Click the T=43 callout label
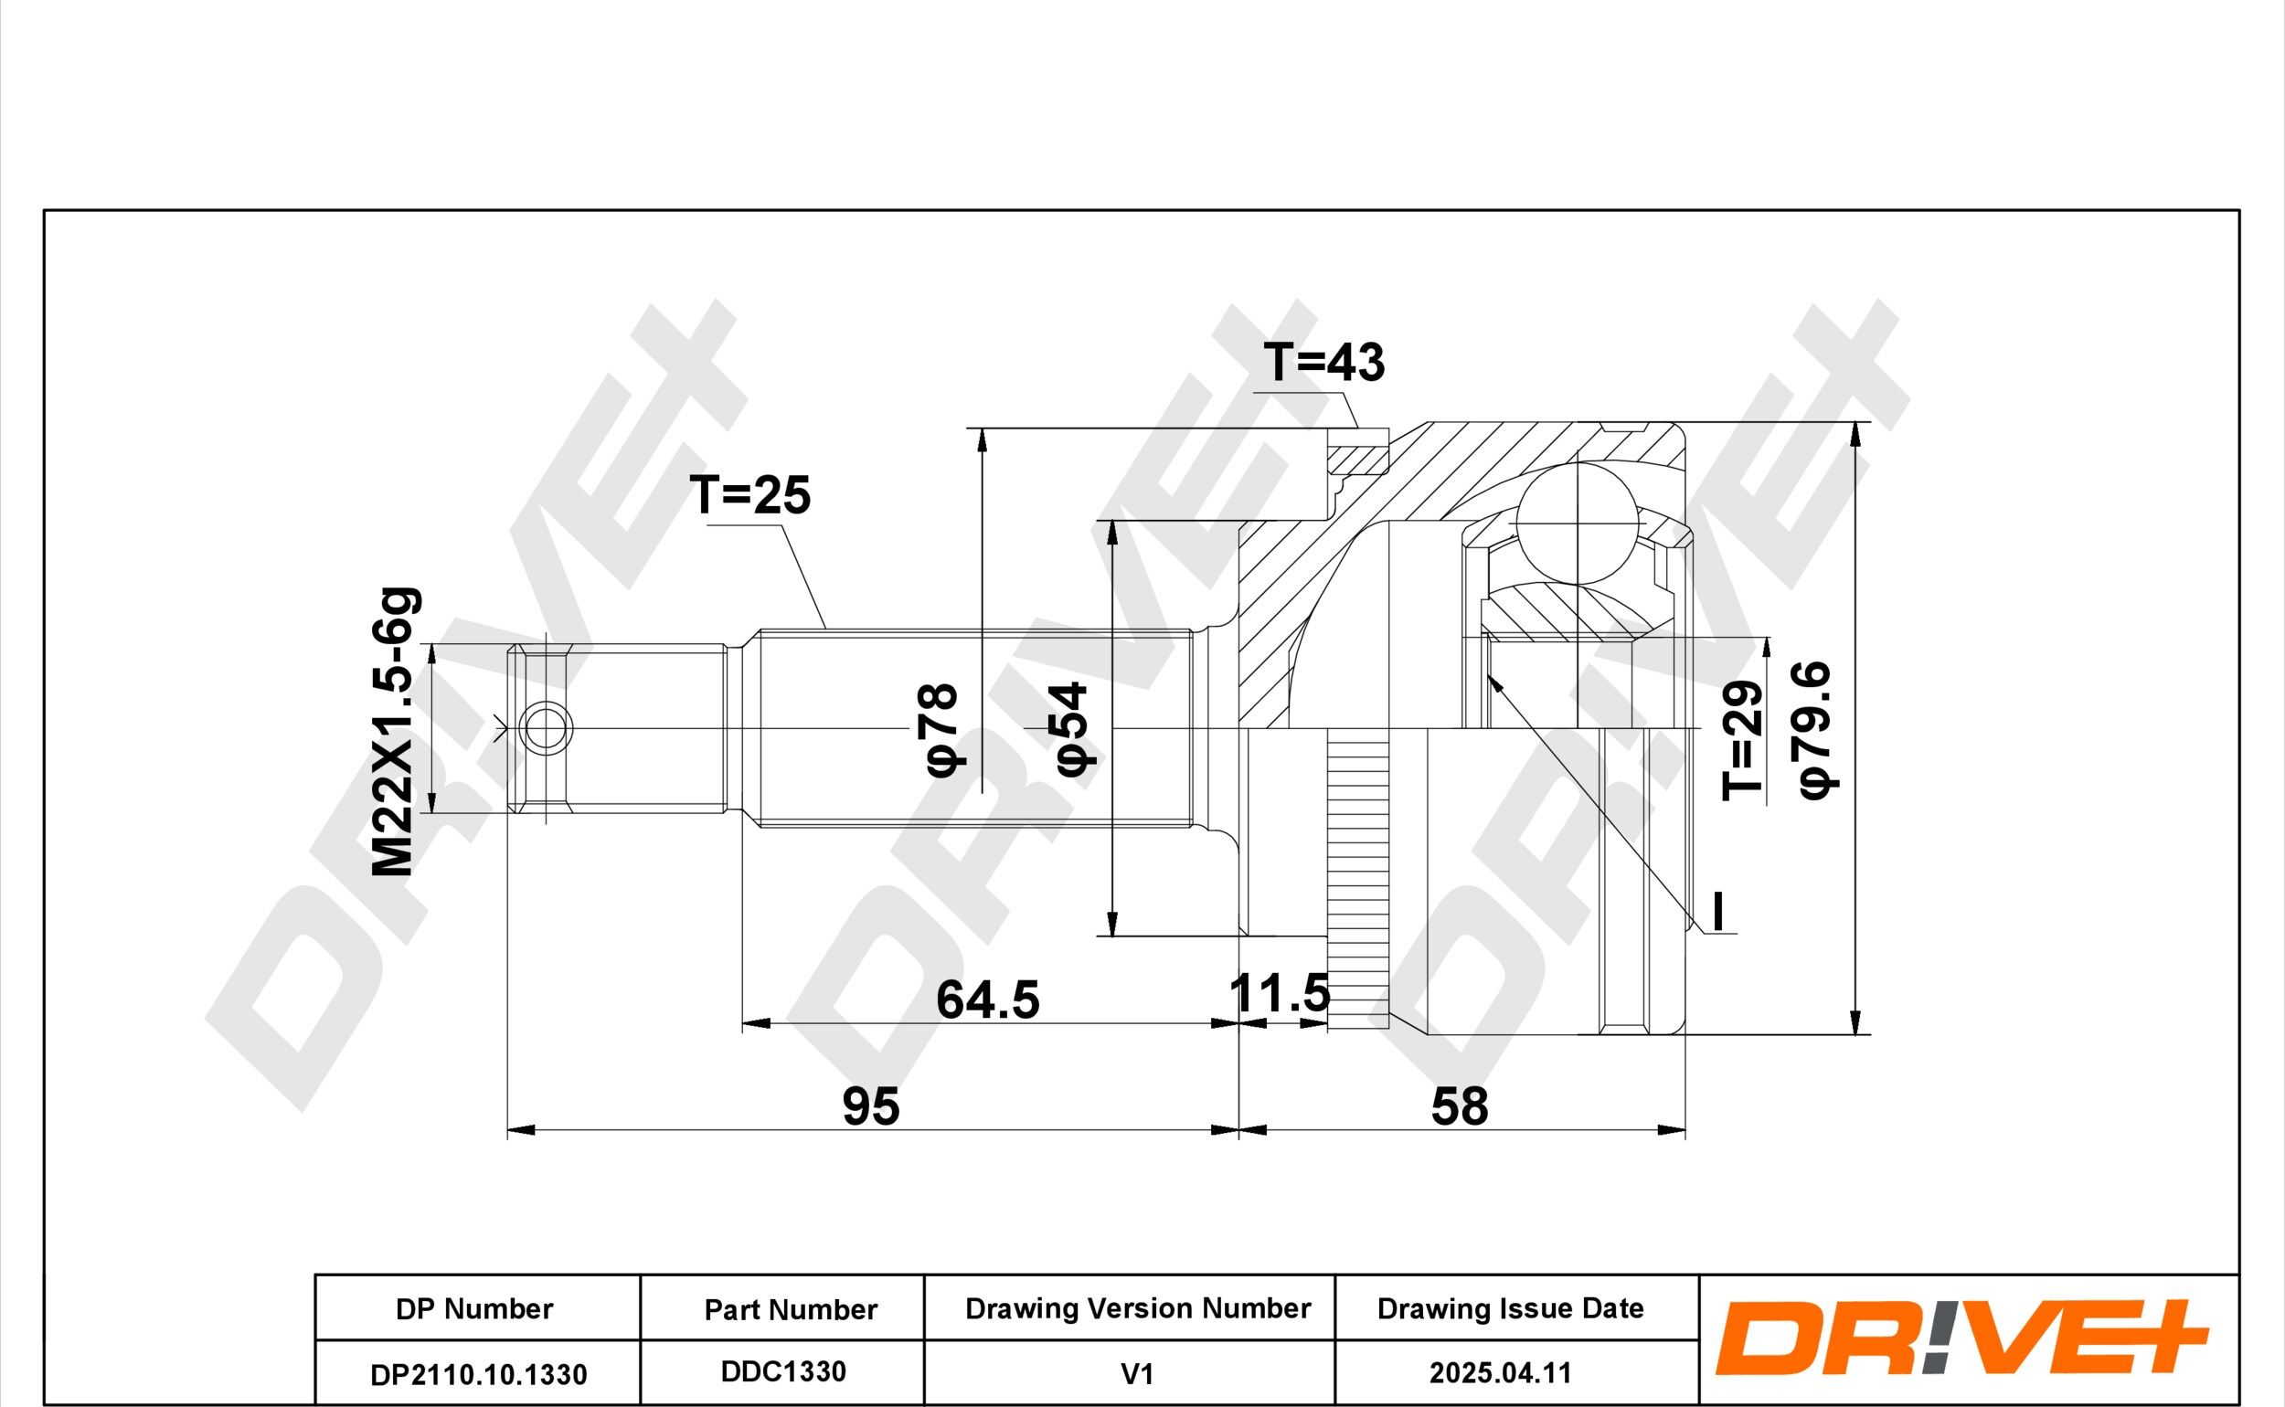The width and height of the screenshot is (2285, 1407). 1323,363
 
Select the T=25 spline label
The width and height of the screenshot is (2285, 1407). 750,495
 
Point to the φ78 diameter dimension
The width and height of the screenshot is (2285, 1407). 938,729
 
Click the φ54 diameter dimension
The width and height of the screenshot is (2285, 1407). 1071,729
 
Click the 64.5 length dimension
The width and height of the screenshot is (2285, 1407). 987,1000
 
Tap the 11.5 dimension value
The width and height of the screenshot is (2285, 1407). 1280,993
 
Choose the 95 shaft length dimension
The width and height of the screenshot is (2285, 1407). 871,1106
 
